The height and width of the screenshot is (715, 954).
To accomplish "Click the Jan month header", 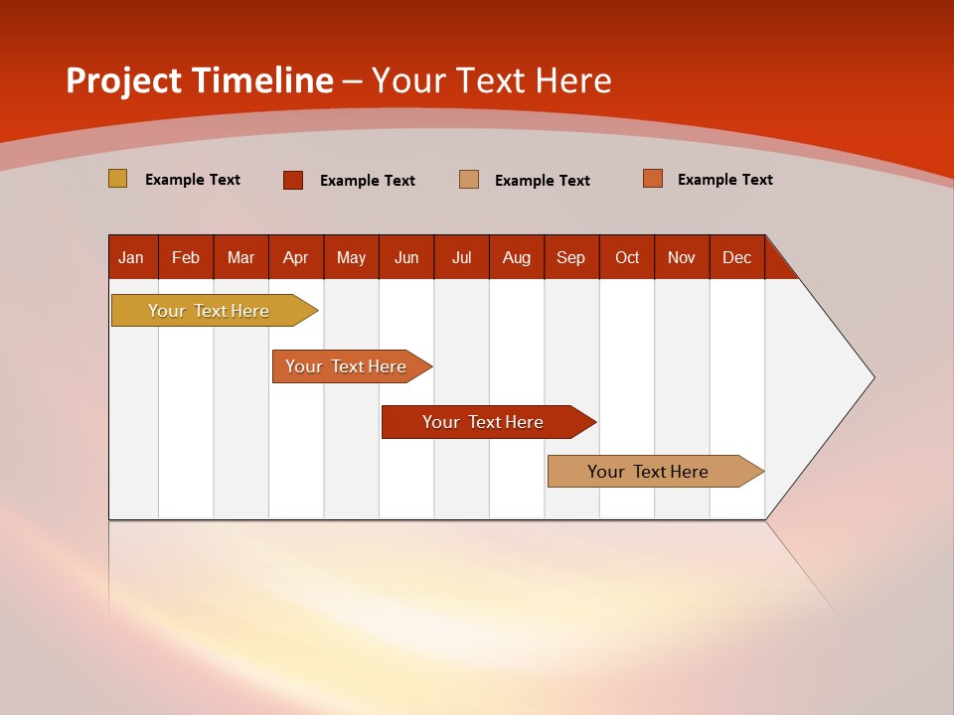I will coord(132,257).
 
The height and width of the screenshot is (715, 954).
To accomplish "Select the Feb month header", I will coord(186,257).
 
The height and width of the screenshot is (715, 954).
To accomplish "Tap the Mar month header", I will coord(240,257).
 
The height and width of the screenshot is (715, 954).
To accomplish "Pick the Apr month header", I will coord(296,257).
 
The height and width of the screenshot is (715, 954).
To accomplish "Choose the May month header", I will coord(351,257).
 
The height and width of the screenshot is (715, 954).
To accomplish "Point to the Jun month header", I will coord(406,257).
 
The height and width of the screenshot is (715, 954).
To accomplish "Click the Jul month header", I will coord(461,257).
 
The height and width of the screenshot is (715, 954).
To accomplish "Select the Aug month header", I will coord(517,257).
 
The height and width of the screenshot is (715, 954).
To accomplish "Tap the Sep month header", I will coord(571,257).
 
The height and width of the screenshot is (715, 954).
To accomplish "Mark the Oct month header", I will coord(627,257).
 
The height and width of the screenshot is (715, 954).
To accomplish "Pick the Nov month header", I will coord(682,257).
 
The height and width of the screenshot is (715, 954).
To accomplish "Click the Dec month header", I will coord(737,257).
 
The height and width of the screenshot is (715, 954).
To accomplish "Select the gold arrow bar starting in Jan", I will coord(210,311).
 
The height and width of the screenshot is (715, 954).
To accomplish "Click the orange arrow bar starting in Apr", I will coord(347,366).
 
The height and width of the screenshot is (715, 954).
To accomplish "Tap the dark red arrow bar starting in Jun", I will coord(484,422).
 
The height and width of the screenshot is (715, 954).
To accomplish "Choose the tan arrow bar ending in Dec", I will coord(649,472).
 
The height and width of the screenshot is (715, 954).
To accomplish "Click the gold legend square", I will coord(118,179).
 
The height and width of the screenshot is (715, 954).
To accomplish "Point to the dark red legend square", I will coord(293,180).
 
